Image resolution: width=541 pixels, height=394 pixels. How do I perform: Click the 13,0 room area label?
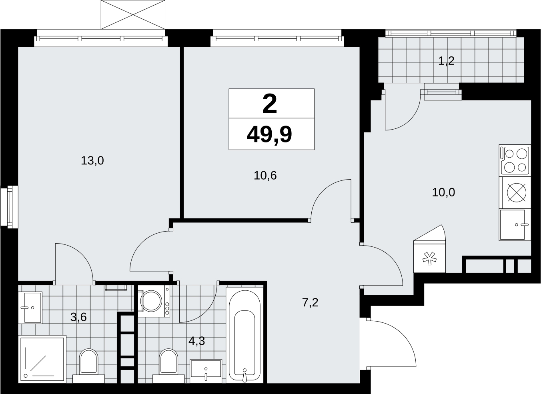[x=92, y=161]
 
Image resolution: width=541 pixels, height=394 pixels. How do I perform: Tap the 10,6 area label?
[x=265, y=176]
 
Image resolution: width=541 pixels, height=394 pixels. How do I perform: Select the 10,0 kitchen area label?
[x=443, y=192]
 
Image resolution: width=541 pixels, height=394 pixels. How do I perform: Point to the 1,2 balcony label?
[x=446, y=61]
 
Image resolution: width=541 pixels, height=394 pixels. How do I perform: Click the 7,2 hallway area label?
[x=310, y=302]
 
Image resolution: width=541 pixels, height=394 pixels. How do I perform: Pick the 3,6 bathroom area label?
[x=78, y=317]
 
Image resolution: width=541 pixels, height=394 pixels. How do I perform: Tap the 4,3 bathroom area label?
[x=196, y=341]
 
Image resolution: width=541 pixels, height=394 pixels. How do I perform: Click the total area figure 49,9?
[x=269, y=135]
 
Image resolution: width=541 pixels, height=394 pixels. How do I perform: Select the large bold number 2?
[x=270, y=104]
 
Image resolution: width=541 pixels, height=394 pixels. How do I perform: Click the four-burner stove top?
[x=515, y=160]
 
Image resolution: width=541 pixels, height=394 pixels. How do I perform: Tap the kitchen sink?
[x=515, y=225]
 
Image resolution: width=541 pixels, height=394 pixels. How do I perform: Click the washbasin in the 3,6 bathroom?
[x=30, y=308]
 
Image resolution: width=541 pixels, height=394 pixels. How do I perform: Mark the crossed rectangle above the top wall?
[x=133, y=15]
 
